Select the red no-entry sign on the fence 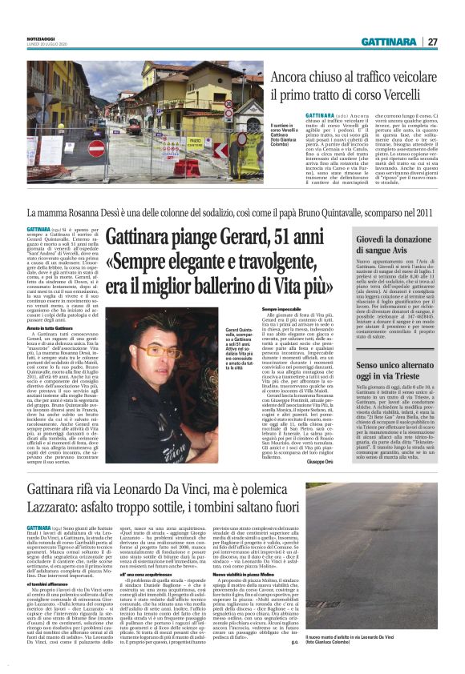98,146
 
